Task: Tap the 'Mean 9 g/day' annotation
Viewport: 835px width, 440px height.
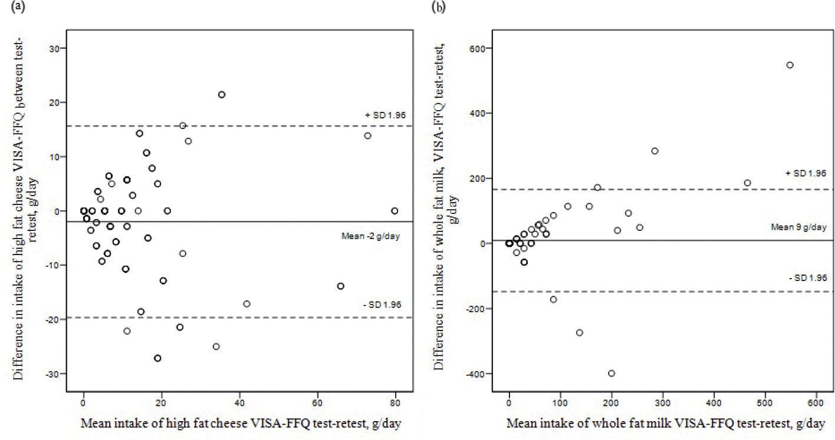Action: [x=795, y=227]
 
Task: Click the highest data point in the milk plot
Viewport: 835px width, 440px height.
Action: [x=790, y=65]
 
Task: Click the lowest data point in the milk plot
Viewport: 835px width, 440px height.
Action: [x=612, y=373]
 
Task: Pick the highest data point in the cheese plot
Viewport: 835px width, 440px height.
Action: [x=222, y=94]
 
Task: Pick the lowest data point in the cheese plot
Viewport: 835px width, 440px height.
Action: [x=157, y=358]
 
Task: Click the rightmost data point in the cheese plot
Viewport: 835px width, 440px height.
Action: [x=395, y=210]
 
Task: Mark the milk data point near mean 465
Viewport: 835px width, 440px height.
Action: [x=747, y=183]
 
